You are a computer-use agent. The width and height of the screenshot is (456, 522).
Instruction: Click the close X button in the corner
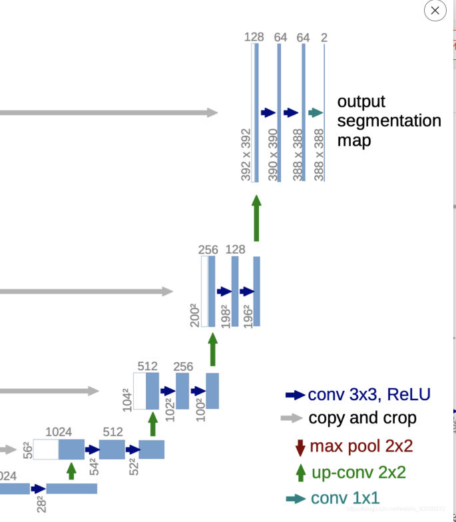(435, 11)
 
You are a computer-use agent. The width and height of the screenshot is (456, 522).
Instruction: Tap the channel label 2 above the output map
(324, 38)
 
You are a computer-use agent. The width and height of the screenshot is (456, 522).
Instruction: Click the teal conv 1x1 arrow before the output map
(315, 113)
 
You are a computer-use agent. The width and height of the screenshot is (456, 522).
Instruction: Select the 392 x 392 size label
(246, 154)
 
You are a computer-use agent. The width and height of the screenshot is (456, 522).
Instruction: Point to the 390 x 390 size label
(273, 154)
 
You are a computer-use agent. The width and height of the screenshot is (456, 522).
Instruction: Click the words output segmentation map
(388, 121)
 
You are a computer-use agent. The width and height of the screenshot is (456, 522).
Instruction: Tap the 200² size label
(194, 314)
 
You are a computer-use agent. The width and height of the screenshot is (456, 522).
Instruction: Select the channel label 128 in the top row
(254, 37)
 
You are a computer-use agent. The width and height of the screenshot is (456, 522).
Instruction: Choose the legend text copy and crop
(362, 418)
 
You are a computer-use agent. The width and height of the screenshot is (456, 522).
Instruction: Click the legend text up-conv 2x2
(358, 472)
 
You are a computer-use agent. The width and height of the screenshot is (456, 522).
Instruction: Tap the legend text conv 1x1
(345, 498)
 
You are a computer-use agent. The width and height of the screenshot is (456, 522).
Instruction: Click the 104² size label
(126, 399)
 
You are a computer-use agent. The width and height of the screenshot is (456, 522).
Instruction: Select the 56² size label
(27, 450)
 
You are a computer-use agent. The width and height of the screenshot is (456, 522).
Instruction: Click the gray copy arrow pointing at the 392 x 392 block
(107, 113)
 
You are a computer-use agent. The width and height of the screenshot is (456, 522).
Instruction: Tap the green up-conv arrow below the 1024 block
(71, 471)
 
